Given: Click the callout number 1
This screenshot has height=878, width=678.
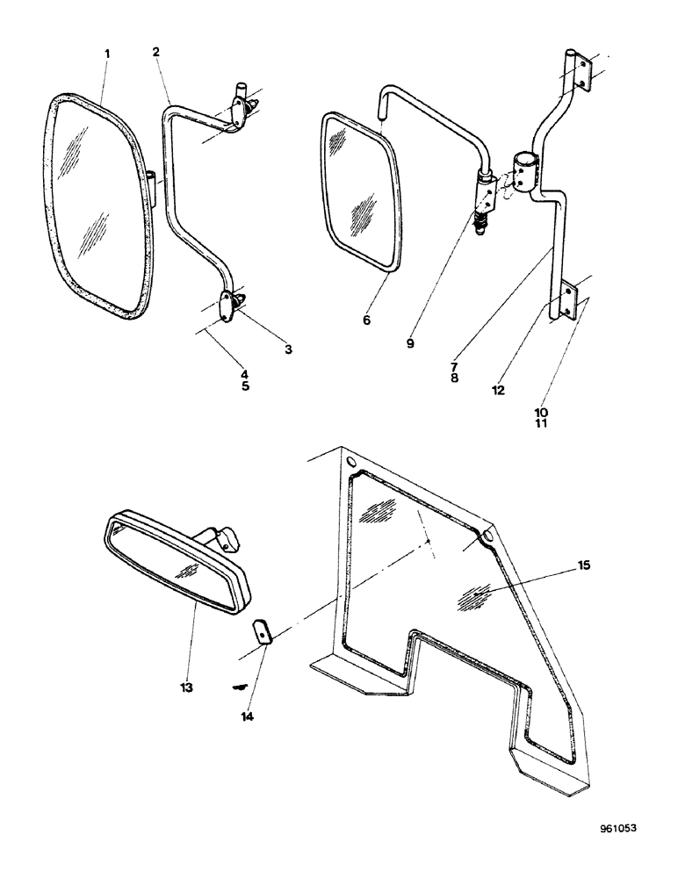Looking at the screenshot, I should click(x=107, y=54).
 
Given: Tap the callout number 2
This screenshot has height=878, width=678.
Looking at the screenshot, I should click(x=155, y=52).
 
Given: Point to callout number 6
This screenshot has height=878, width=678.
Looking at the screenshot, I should click(x=366, y=320).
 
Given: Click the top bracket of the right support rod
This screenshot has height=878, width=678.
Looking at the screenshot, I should click(x=575, y=70).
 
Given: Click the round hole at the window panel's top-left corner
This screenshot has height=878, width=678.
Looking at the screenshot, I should click(x=351, y=462).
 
